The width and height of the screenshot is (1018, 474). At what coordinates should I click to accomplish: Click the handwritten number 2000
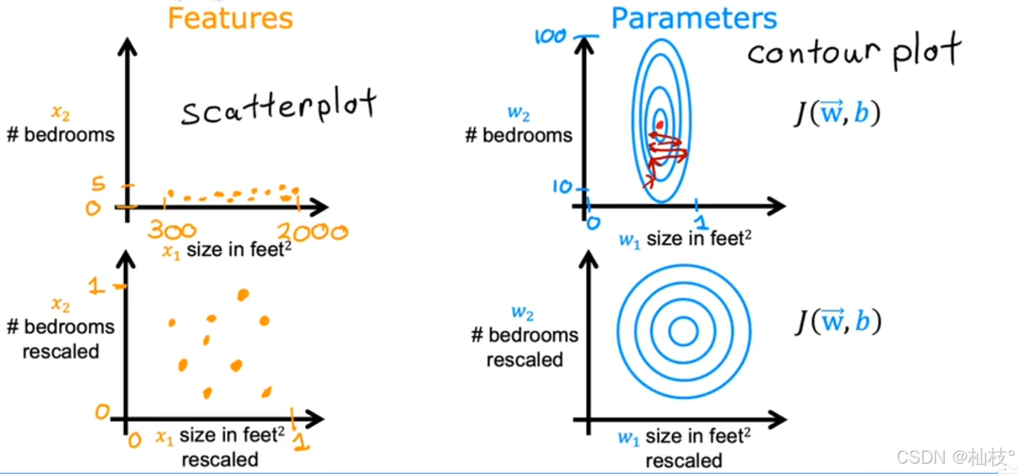click(312, 231)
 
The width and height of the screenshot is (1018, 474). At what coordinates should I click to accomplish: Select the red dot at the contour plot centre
click(659, 124)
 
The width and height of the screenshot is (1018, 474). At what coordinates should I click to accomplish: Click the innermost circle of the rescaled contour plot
click(682, 332)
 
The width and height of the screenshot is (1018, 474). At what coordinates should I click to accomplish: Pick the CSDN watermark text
click(955, 457)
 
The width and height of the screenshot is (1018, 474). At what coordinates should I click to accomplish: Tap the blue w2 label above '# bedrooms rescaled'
click(523, 313)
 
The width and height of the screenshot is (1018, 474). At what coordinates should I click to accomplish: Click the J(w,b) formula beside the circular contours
click(838, 321)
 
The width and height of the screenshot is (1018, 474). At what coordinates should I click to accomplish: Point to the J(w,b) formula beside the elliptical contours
click(836, 115)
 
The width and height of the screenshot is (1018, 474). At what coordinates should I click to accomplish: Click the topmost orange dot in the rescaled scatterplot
click(243, 295)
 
